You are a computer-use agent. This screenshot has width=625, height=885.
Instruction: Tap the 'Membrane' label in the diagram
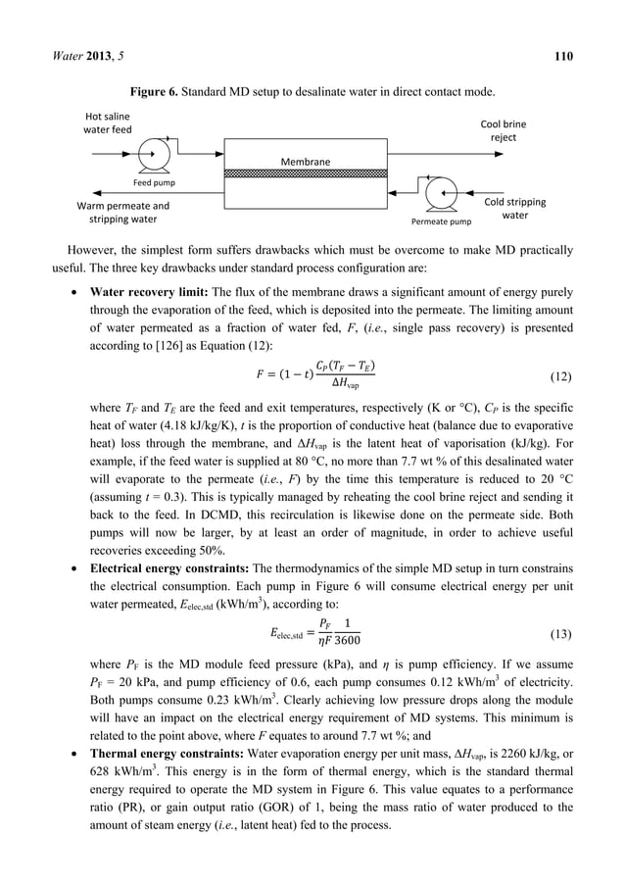306,161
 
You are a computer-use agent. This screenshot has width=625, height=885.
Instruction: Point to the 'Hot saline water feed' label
107,123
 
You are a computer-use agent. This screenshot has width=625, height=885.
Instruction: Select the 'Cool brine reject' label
502,131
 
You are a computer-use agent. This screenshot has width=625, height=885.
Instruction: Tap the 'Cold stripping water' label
515,208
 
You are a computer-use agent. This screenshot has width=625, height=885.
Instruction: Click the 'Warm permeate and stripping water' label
122,213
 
